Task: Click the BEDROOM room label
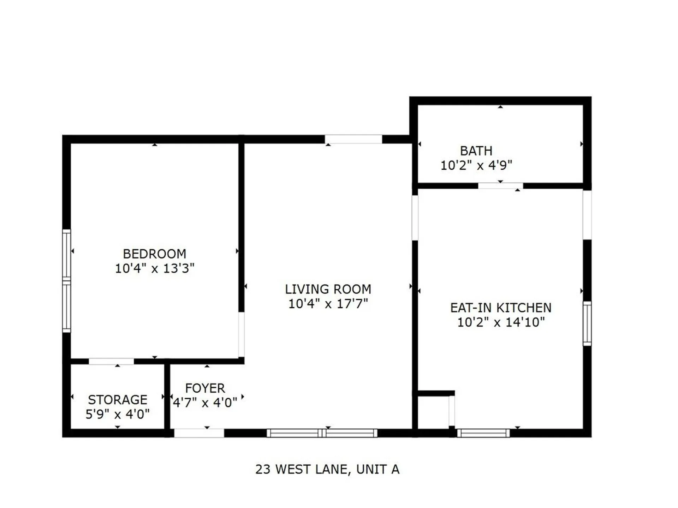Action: coord(154,254)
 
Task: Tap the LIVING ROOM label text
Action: coord(328,289)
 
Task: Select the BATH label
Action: coord(476,151)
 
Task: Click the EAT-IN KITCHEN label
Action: coord(501,308)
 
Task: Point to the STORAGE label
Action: coord(118,400)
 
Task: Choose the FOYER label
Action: coord(205,388)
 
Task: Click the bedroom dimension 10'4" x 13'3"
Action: coord(155,268)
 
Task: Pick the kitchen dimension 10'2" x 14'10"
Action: coord(501,322)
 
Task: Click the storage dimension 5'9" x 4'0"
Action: coord(118,414)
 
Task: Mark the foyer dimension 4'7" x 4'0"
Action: coord(205,403)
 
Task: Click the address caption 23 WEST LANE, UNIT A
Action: coord(327,470)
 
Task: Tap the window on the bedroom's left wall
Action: coord(66,281)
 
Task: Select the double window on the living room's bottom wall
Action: coord(322,433)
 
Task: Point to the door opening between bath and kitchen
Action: coord(500,186)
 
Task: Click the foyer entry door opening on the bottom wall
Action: coord(199,433)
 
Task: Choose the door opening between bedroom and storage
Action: coord(111,361)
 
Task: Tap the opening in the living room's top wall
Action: coord(353,139)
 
